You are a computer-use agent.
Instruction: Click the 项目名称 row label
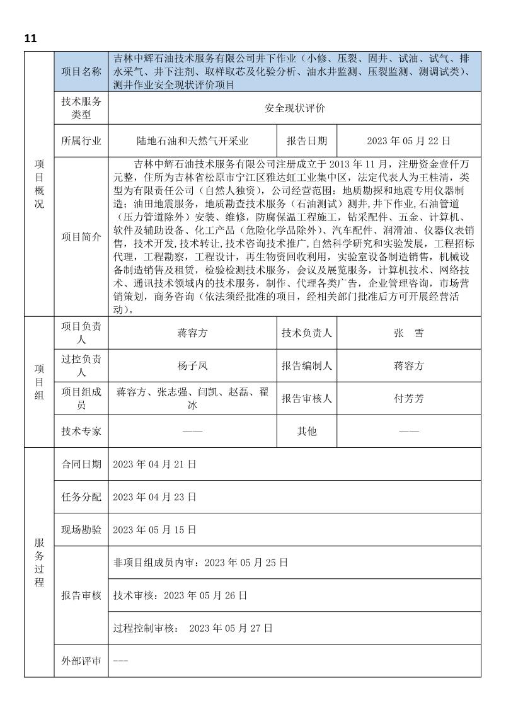coord(81,71)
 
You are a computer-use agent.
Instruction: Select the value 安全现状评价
coord(294,108)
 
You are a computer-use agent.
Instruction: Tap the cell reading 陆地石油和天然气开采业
coord(193,140)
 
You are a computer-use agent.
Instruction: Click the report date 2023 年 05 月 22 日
coord(409,140)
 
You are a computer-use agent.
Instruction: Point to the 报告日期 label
coord(307,140)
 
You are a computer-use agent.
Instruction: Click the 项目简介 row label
coord(81,237)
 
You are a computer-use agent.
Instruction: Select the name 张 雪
coord(408,333)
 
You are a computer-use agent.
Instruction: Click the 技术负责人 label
coord(307,333)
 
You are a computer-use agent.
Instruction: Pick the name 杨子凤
coord(193,365)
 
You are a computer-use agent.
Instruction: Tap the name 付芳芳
coord(408,399)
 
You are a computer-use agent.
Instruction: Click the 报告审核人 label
coord(307,399)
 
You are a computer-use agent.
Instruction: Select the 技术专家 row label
coord(81,432)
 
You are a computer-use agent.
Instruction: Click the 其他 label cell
coord(307,432)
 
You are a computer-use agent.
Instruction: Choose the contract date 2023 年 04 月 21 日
coord(154,464)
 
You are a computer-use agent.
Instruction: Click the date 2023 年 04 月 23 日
coord(154,497)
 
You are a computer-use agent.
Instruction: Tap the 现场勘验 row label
coord(81,530)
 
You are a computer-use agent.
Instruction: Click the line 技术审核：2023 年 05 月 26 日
coord(180,595)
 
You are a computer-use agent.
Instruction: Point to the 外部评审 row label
coord(81,661)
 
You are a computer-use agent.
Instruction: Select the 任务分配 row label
coord(81,497)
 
